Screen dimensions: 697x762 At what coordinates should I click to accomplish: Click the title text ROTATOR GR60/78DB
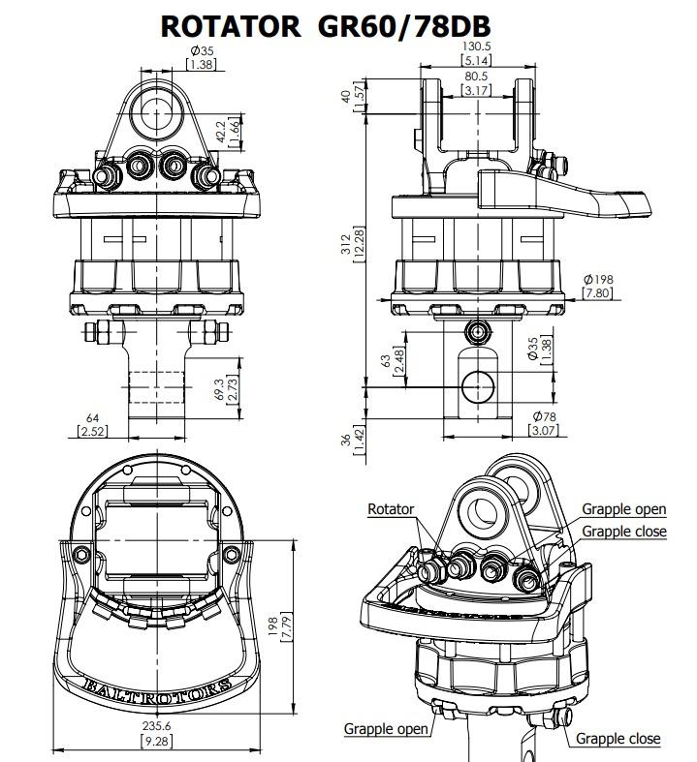(x=326, y=26)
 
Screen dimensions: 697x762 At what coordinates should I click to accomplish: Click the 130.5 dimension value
(x=476, y=46)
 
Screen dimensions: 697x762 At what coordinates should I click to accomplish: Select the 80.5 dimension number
(x=476, y=76)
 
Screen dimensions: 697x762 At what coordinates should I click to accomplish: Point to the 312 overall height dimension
(x=346, y=244)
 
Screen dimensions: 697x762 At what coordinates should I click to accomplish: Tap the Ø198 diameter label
(x=598, y=280)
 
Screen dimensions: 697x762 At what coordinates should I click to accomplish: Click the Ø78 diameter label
(x=544, y=416)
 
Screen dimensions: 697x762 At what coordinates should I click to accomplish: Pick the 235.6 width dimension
(x=157, y=725)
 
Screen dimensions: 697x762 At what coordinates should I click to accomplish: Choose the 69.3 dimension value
(x=219, y=390)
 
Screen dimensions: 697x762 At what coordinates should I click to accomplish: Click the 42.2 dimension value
(x=221, y=133)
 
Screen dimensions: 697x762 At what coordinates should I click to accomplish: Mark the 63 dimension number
(x=386, y=360)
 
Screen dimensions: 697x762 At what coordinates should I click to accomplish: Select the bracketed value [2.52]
(x=92, y=431)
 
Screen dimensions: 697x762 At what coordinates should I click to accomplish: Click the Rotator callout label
(x=391, y=509)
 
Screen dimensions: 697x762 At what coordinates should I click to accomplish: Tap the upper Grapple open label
(x=624, y=509)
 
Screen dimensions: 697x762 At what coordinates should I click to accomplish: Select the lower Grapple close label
(x=618, y=739)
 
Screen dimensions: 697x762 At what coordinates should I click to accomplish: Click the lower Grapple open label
(x=386, y=729)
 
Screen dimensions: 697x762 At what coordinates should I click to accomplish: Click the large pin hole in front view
(x=157, y=112)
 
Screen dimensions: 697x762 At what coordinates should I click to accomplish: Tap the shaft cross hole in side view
(x=478, y=387)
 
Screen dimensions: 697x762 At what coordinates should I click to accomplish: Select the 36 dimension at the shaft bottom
(x=346, y=441)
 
